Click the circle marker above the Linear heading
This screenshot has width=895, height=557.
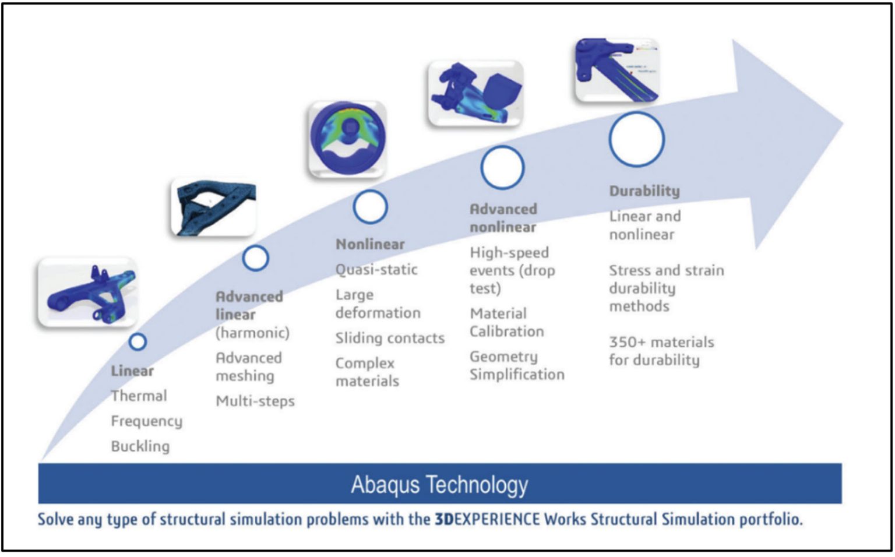click(138, 342)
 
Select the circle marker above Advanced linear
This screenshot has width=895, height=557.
click(255, 258)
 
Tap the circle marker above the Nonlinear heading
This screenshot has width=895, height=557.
click(370, 207)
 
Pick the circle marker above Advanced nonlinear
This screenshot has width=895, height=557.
click(502, 168)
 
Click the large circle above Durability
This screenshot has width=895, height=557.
click(636, 140)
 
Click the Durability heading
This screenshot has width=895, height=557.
click(644, 191)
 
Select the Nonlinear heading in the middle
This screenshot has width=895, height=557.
click(370, 244)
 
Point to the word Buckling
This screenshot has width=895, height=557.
click(140, 446)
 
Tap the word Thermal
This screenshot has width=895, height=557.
click(139, 396)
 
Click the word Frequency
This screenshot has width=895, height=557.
click(146, 421)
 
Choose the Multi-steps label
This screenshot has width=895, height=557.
click(255, 401)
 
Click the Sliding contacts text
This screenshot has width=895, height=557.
click(389, 339)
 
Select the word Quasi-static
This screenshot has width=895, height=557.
click(376, 270)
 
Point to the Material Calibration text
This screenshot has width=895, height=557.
click(506, 323)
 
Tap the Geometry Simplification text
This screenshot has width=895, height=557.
click(516, 366)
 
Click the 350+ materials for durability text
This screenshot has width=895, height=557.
click(661, 351)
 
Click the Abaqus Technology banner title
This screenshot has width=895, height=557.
click(439, 485)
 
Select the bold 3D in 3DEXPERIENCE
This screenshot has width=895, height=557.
click(443, 519)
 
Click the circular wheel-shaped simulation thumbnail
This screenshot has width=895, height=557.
click(348, 139)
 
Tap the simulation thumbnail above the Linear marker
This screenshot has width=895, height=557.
click(87, 292)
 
